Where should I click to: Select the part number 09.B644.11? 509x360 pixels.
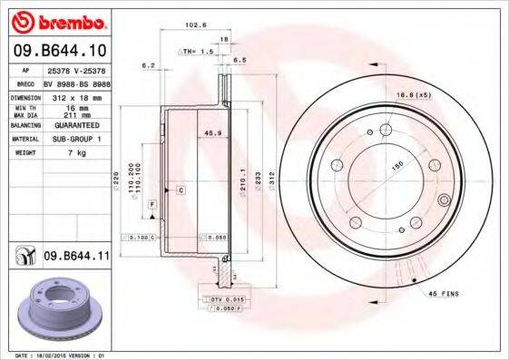(74, 258)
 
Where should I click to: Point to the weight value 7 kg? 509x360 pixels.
(75, 154)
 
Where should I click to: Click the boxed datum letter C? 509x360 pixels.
(181, 190)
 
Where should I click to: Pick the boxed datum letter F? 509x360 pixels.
(152, 204)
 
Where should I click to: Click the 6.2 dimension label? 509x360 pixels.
(147, 65)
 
